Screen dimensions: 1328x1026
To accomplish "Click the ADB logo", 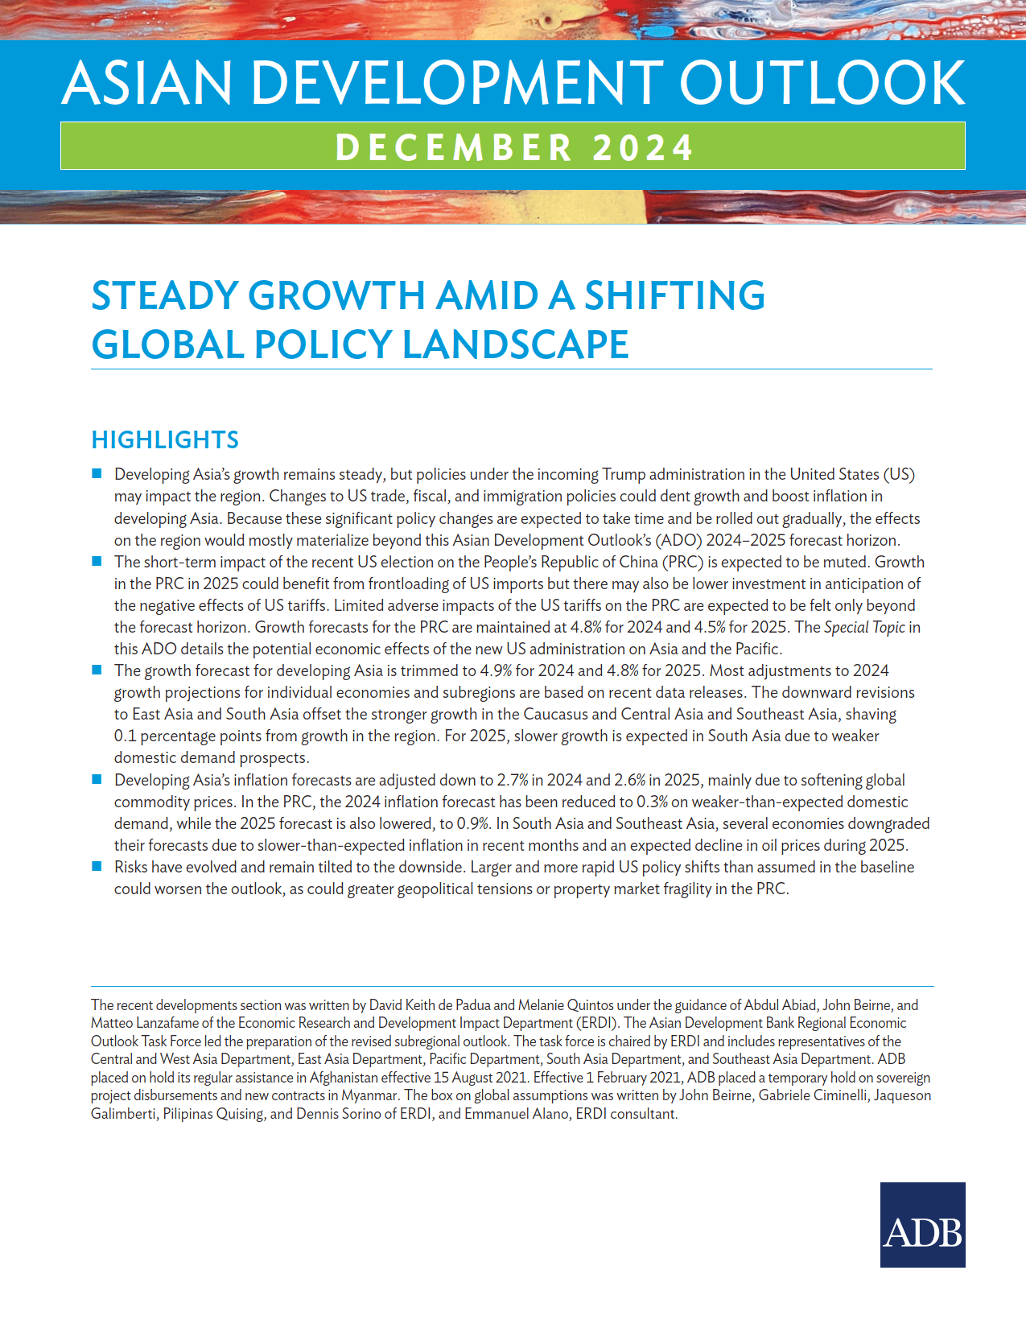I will (922, 1224).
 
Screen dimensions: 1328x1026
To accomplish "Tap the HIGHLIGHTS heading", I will (165, 440).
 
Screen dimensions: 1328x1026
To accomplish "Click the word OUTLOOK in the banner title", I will (822, 83).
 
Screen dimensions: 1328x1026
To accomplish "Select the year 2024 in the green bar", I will (643, 148).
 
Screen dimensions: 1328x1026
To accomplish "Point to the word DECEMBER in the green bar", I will (453, 148).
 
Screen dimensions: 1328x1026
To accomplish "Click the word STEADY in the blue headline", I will (165, 295).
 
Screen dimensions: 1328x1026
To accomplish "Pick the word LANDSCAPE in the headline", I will (515, 344).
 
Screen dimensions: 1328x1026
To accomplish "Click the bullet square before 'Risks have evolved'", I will (97, 866).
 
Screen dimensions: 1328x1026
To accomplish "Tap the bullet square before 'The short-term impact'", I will (97, 561).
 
